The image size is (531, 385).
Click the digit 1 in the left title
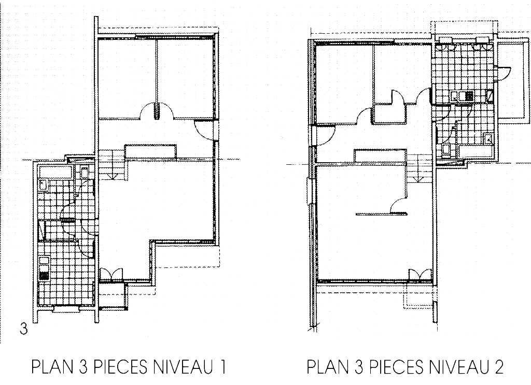coord(222,367)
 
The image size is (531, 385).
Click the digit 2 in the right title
coord(498,367)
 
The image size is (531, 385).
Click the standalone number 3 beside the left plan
coord(23,329)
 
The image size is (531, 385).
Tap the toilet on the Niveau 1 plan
coord(85,172)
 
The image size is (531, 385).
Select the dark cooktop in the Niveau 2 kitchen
coord(469,96)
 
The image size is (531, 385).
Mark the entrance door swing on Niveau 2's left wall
coord(326,135)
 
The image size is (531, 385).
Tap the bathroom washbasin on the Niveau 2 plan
coord(487,139)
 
